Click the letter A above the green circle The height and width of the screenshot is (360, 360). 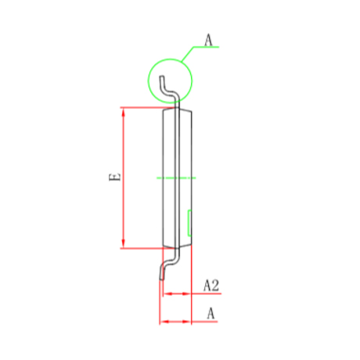click(208, 40)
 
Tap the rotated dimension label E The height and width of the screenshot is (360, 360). click(115, 177)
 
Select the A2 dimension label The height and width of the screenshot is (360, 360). click(211, 286)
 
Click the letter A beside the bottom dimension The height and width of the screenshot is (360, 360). click(211, 313)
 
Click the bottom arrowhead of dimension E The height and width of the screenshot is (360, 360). click(124, 244)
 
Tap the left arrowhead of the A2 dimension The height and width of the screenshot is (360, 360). click(167, 293)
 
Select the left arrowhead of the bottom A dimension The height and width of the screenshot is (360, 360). click(164, 322)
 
